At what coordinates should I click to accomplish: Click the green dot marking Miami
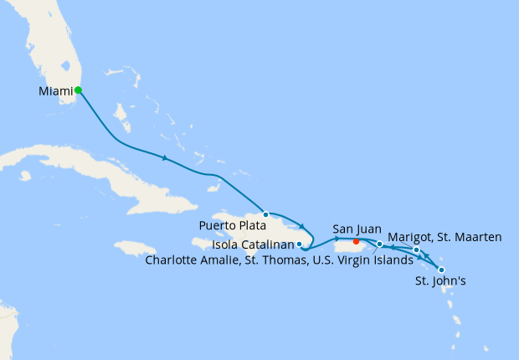pos(78,90)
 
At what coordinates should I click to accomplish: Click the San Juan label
pos(357,229)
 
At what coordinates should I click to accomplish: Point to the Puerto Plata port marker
pos(266,214)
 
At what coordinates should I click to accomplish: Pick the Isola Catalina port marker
pos(300,244)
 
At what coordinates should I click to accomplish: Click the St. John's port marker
pos(441,270)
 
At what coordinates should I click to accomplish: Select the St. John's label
pos(440,282)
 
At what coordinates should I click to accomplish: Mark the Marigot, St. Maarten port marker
pos(417,250)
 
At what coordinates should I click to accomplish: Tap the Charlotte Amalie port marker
pos(380,244)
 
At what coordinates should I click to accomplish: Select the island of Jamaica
pos(135,249)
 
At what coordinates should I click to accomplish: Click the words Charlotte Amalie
pos(191,260)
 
